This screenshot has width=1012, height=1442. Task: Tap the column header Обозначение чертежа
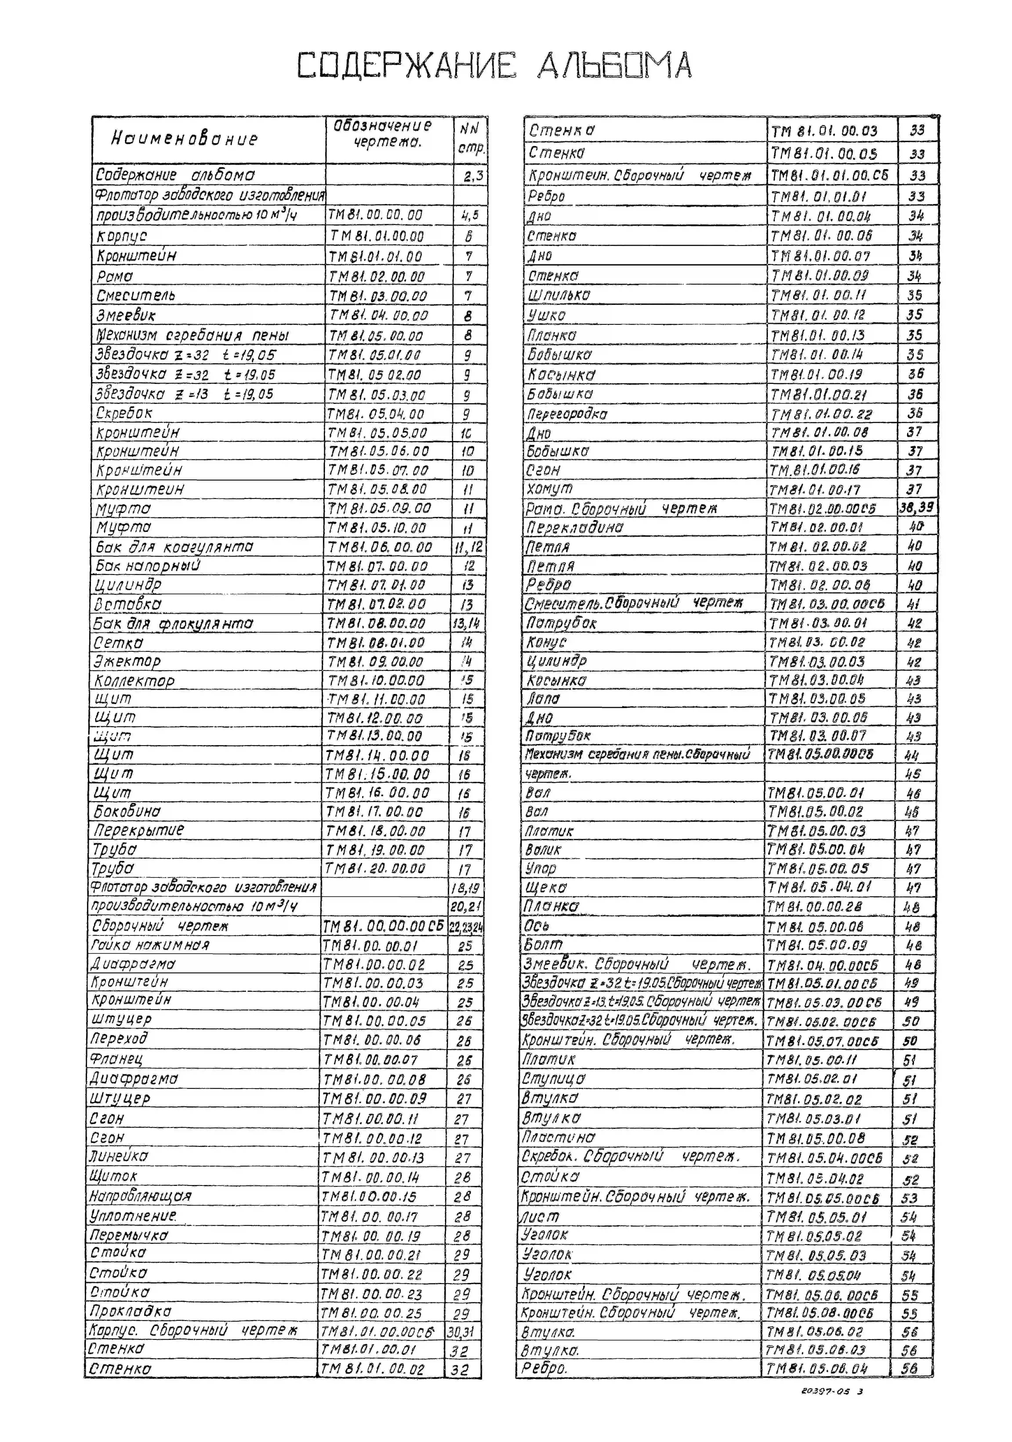383,133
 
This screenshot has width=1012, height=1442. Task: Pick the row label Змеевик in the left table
126,315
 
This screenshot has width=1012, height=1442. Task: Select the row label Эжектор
127,661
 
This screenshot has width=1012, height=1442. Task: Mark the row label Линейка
119,1156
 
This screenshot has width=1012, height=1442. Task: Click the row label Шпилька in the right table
559,295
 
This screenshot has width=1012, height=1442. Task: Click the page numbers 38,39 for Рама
916,507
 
